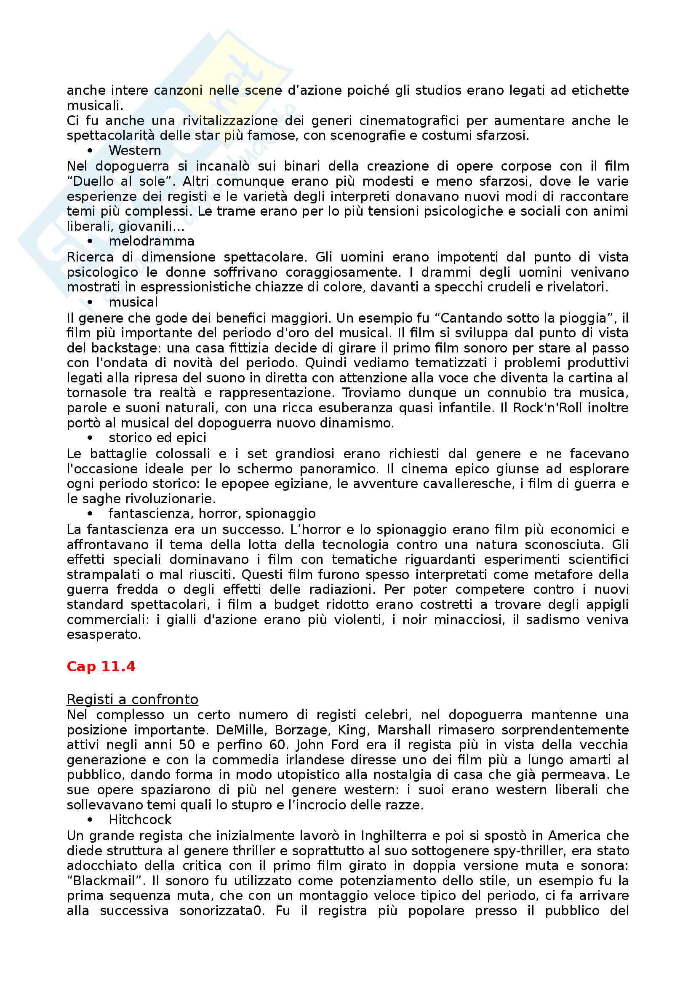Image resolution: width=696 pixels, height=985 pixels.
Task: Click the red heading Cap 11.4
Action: [x=101, y=666]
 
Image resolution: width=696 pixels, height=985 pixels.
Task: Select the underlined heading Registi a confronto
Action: [x=132, y=699]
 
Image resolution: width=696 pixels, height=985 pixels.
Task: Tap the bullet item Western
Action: [x=135, y=151]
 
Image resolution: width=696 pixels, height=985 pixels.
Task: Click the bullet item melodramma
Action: [x=152, y=241]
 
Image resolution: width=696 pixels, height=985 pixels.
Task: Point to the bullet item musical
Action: [x=133, y=302]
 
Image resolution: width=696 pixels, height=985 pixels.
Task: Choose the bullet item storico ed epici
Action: [x=157, y=438]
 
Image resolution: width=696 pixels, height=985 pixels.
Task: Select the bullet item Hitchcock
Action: [x=140, y=820]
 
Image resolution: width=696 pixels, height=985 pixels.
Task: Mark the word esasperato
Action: [x=104, y=635]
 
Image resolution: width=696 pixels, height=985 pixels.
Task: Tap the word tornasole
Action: [x=94, y=392]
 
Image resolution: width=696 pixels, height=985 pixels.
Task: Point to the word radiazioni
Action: [x=341, y=590]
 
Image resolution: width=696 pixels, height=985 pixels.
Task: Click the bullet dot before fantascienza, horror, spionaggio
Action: [x=90, y=514]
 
